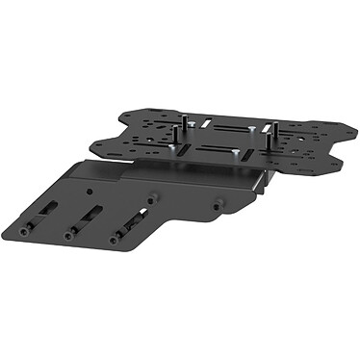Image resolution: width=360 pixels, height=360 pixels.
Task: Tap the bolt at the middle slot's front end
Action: coord(70,234)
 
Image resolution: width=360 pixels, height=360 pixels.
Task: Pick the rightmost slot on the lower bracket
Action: coord(129,224)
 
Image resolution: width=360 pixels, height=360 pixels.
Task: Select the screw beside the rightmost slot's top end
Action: coord(151,197)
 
